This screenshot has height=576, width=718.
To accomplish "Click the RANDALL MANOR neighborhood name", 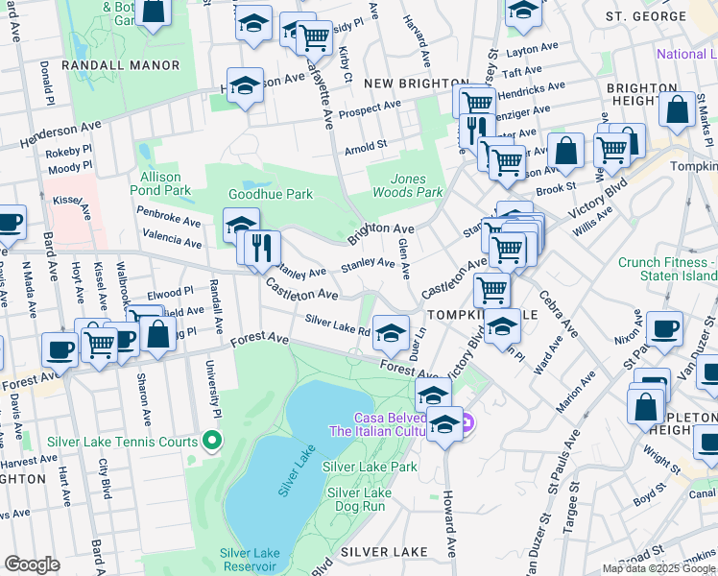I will click(120, 65).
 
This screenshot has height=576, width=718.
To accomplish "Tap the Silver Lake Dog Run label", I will click(356, 499).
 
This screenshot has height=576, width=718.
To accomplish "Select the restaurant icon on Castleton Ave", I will click(262, 246).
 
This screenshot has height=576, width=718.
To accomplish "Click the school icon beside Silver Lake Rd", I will click(390, 331).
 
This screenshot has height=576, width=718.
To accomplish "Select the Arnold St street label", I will click(365, 149).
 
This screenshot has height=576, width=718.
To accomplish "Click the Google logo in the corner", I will click(32, 564).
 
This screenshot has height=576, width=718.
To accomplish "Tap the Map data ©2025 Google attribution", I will click(658, 568).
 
